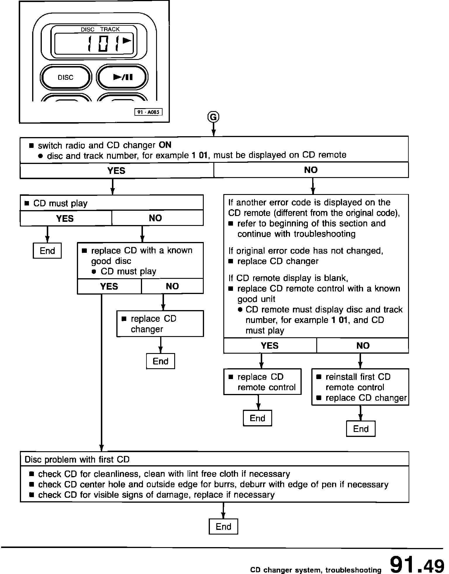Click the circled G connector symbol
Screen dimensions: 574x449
(x=213, y=117)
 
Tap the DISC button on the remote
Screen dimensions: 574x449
(x=65, y=77)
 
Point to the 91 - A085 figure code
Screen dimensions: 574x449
(x=148, y=112)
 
